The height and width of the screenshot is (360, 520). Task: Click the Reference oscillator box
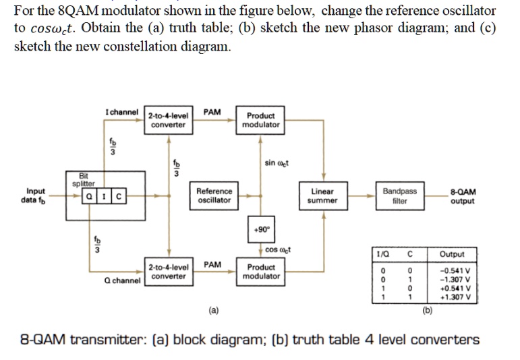click(x=214, y=196)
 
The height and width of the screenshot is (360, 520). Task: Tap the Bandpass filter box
click(x=399, y=196)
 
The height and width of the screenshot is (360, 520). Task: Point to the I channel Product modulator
click(x=261, y=120)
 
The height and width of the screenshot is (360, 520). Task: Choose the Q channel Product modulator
click(x=261, y=272)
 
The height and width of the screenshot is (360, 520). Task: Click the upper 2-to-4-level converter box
click(x=168, y=120)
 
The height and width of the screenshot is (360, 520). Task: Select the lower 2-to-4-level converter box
click(x=168, y=272)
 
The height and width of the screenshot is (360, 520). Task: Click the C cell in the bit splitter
click(x=118, y=197)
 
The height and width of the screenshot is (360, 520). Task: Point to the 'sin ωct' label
click(x=276, y=162)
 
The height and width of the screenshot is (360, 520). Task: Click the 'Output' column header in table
click(x=451, y=255)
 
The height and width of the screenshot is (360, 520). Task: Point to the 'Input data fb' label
click(x=36, y=196)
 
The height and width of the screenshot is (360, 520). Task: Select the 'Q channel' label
click(x=121, y=280)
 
